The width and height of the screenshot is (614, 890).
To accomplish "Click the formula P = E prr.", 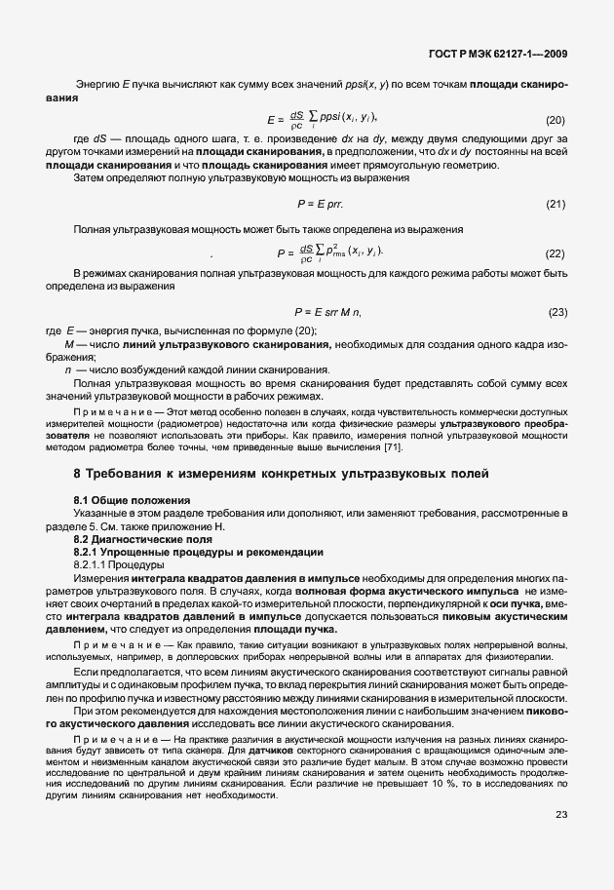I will (x=320, y=204).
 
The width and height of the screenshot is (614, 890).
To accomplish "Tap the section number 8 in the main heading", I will (x=78, y=474).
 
